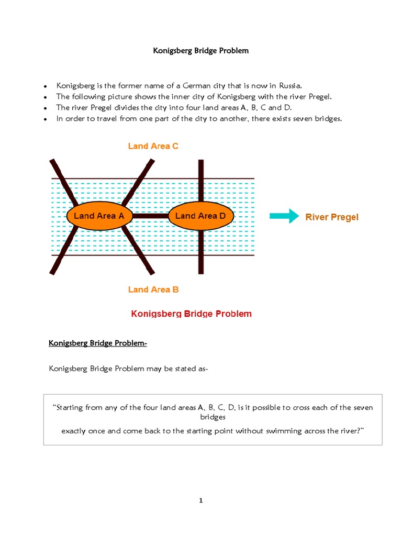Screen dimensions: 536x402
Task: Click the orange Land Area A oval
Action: point(99,216)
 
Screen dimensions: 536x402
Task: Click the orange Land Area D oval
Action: point(200,216)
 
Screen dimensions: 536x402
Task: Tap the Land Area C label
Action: point(153,146)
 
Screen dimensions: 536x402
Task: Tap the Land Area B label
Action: point(153,289)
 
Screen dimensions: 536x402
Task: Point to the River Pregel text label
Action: point(332,217)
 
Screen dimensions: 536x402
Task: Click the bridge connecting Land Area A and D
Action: point(149,216)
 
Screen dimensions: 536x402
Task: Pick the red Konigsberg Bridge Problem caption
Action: point(191,314)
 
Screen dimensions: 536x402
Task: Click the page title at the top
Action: point(200,51)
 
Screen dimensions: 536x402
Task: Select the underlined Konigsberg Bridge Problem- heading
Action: point(98,343)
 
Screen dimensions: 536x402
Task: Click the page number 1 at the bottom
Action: point(200,500)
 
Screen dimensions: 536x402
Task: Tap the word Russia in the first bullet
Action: point(290,85)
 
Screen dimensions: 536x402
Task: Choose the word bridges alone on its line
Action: point(213,417)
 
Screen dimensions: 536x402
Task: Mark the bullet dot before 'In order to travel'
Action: point(46,119)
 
